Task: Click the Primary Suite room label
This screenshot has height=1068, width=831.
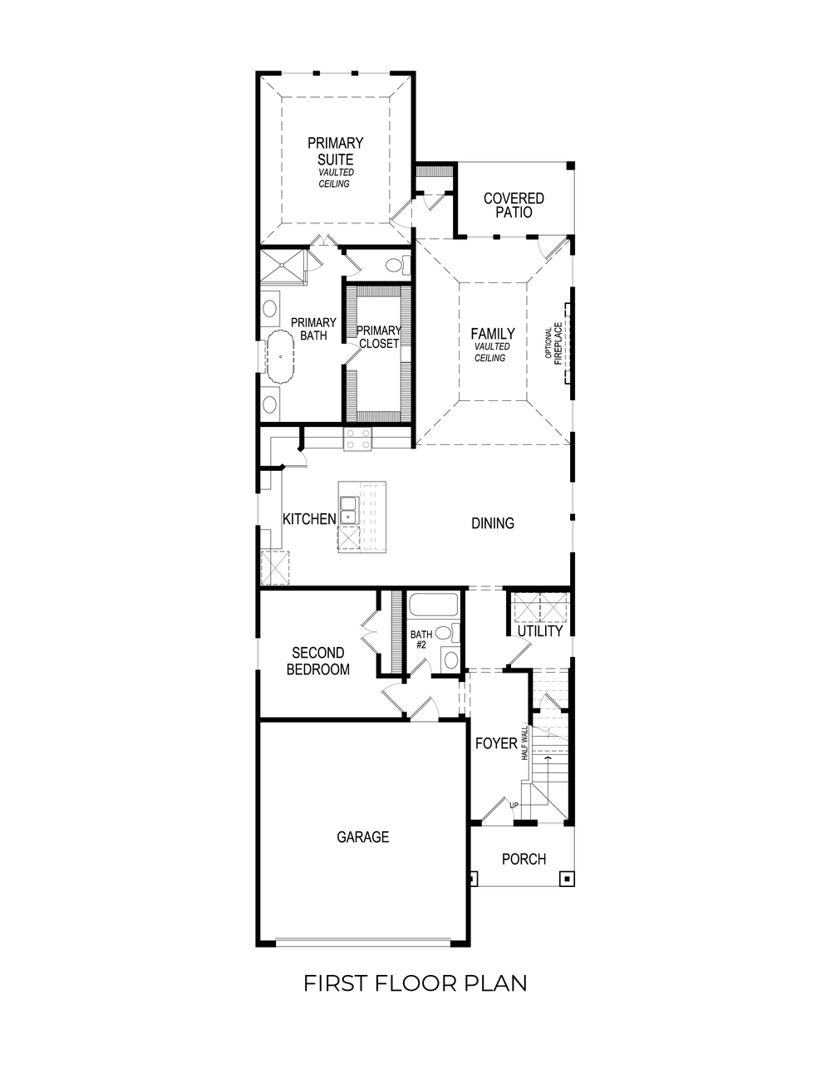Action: pyautogui.click(x=335, y=151)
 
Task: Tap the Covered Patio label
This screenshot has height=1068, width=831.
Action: pyautogui.click(x=514, y=205)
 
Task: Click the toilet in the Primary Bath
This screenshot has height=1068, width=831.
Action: pyautogui.click(x=397, y=266)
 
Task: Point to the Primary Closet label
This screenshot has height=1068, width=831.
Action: pyautogui.click(x=379, y=336)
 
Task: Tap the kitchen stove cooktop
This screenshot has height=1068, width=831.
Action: pyautogui.click(x=358, y=438)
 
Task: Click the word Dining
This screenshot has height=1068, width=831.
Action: pyautogui.click(x=493, y=523)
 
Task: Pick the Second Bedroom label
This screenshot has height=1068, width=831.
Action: pyautogui.click(x=318, y=661)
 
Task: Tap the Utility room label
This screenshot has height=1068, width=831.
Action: pyautogui.click(x=540, y=631)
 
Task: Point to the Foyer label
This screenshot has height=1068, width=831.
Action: pyautogui.click(x=496, y=743)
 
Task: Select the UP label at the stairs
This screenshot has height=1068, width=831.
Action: pyautogui.click(x=514, y=806)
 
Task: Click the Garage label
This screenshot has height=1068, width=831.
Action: pyautogui.click(x=362, y=837)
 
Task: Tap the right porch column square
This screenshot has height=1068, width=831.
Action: pyautogui.click(x=567, y=877)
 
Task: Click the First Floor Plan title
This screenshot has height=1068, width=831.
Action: pyautogui.click(x=415, y=983)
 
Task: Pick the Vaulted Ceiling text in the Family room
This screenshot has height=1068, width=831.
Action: pyautogui.click(x=490, y=352)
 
